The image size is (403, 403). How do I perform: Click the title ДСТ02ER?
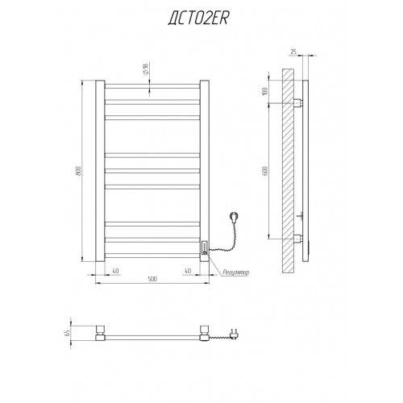pos(198,19)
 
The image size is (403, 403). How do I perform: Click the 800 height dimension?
pos(78,171)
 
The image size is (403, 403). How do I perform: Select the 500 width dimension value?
pos(152,279)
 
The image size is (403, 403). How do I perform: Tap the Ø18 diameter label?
pos(146,69)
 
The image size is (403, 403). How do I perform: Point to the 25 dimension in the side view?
pos(293,52)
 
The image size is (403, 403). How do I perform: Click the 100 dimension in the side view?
pos(265,91)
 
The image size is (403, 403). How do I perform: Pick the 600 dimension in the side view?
pos(265,171)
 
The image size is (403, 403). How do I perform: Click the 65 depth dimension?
pos(67,333)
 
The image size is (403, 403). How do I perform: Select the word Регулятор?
pos(235,272)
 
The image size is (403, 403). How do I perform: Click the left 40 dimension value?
pos(115,271)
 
